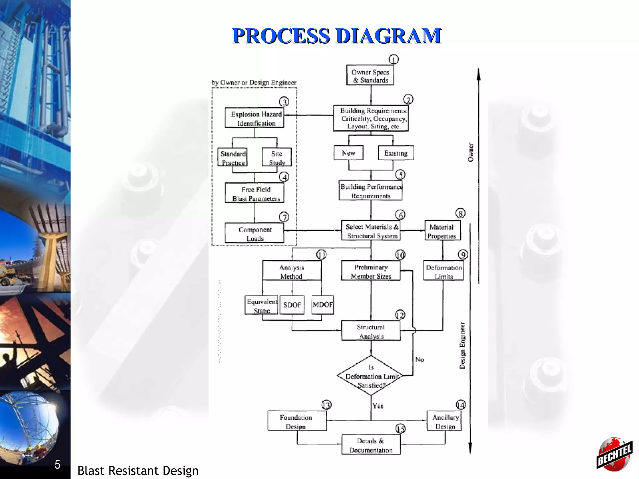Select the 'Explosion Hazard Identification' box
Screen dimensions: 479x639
(x=254, y=118)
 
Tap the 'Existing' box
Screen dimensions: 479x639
(x=396, y=153)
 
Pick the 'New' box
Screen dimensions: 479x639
(x=349, y=153)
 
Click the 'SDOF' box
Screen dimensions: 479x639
(x=292, y=305)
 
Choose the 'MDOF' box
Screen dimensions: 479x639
(x=323, y=305)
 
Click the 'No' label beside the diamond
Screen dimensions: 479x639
(x=419, y=360)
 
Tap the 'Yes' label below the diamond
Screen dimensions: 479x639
(x=378, y=406)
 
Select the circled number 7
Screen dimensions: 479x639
(x=284, y=217)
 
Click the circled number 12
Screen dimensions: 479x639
(x=400, y=315)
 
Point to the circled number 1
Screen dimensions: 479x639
(x=393, y=60)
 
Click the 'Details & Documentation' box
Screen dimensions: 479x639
(x=371, y=445)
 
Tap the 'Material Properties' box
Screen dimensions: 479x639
(x=442, y=231)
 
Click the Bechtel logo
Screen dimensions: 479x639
(x=614, y=453)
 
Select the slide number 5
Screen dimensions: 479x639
(x=57, y=464)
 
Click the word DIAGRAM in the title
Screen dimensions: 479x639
(x=388, y=36)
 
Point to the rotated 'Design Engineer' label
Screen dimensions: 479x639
(x=462, y=346)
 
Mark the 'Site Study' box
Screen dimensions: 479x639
(x=277, y=157)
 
